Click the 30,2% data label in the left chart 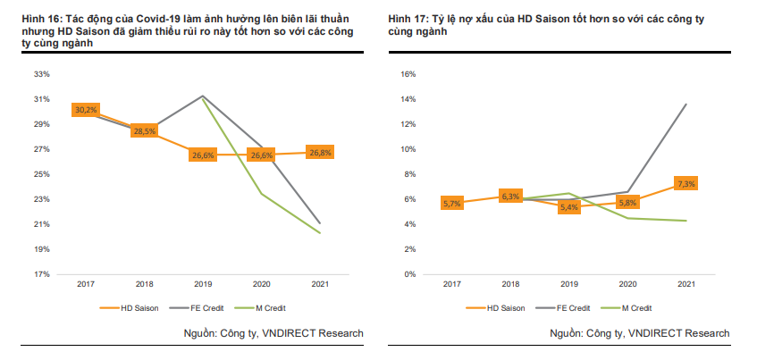[86, 110]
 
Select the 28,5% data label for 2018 [144, 131]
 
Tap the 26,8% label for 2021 [319, 152]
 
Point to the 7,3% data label [686, 183]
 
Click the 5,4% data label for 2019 [568, 207]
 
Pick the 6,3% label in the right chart [510, 196]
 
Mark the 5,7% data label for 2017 [452, 204]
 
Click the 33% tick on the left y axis [41, 74]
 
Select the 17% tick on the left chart [41, 274]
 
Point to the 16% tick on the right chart [408, 74]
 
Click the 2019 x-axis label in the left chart [203, 285]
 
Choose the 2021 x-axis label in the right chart [686, 285]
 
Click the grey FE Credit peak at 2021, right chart [686, 105]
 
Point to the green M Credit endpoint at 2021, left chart [319, 233]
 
